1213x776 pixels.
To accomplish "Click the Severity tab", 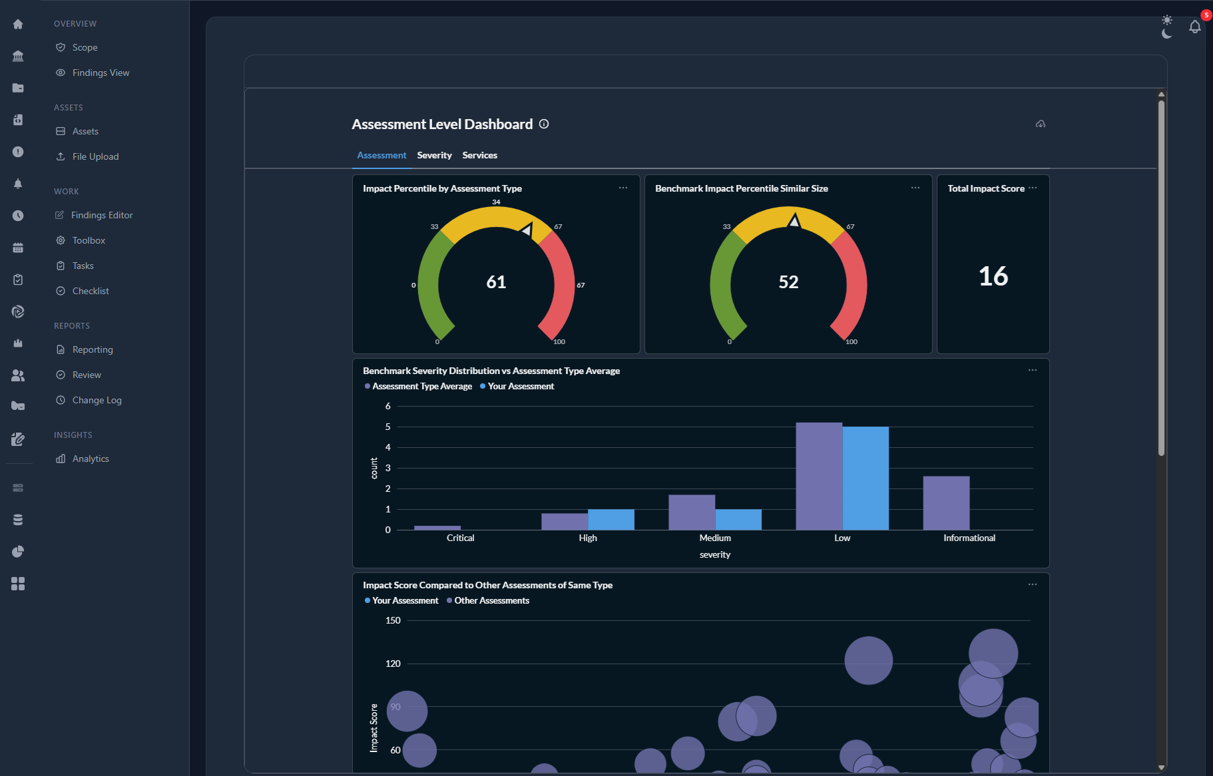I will pos(434,155).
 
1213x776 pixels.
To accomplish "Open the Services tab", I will pos(479,155).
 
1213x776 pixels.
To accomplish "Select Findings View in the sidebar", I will pos(101,73).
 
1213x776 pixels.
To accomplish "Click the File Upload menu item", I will pos(95,156).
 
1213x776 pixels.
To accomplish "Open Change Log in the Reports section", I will pos(97,400).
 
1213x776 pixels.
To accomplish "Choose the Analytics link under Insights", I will pos(91,459).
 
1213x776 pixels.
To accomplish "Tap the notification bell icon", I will pos(1194,27).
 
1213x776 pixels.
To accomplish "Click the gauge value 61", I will pos(496,282).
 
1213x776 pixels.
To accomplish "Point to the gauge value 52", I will pos(788,282).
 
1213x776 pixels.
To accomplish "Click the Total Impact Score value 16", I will pos(993,276).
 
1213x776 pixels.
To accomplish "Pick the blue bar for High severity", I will pos(611,519).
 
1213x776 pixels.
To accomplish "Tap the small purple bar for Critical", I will pos(437,528).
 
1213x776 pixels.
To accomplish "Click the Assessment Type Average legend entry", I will pos(421,386).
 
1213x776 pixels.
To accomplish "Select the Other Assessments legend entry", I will pos(491,600).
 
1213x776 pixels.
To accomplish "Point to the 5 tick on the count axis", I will pos(388,427).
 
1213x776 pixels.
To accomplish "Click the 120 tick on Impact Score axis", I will pos(393,664).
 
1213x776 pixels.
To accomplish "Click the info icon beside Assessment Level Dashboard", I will pos(544,124).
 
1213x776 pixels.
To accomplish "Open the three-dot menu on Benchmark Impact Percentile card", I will pos(915,188).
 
